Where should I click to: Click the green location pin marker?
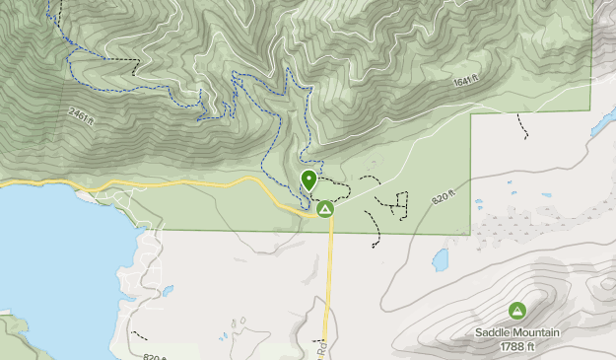308,180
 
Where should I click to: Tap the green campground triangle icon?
324,209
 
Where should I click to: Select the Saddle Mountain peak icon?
517,312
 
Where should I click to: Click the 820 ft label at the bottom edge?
155,356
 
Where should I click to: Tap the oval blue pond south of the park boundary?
441,260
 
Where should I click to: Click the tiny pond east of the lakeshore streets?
169,291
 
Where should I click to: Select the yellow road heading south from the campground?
330,276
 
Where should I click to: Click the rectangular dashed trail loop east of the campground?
398,204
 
